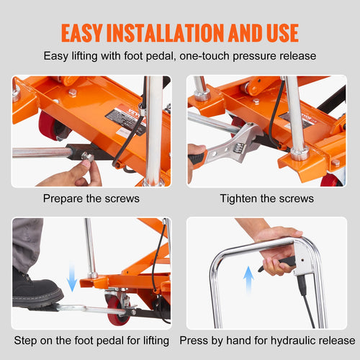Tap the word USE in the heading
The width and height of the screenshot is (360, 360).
tap(278, 32)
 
